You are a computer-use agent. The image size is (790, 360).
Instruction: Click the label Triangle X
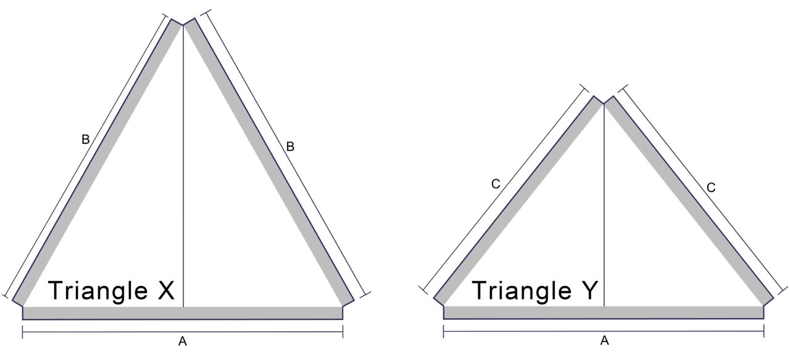[112, 291]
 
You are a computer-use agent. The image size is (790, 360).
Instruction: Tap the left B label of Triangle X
[86, 140]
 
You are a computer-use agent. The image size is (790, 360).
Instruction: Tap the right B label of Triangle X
[290, 146]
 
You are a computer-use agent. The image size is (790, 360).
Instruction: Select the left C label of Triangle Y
[495, 184]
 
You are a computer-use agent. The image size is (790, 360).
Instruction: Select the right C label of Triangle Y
[711, 188]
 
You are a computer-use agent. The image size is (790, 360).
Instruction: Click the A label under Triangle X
[183, 341]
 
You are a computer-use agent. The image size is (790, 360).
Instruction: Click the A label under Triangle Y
[604, 340]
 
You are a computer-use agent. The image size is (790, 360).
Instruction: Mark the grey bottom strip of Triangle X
[183, 312]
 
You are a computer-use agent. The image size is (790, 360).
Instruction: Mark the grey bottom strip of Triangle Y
[604, 312]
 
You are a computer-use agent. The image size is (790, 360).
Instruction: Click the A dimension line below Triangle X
[123, 332]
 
